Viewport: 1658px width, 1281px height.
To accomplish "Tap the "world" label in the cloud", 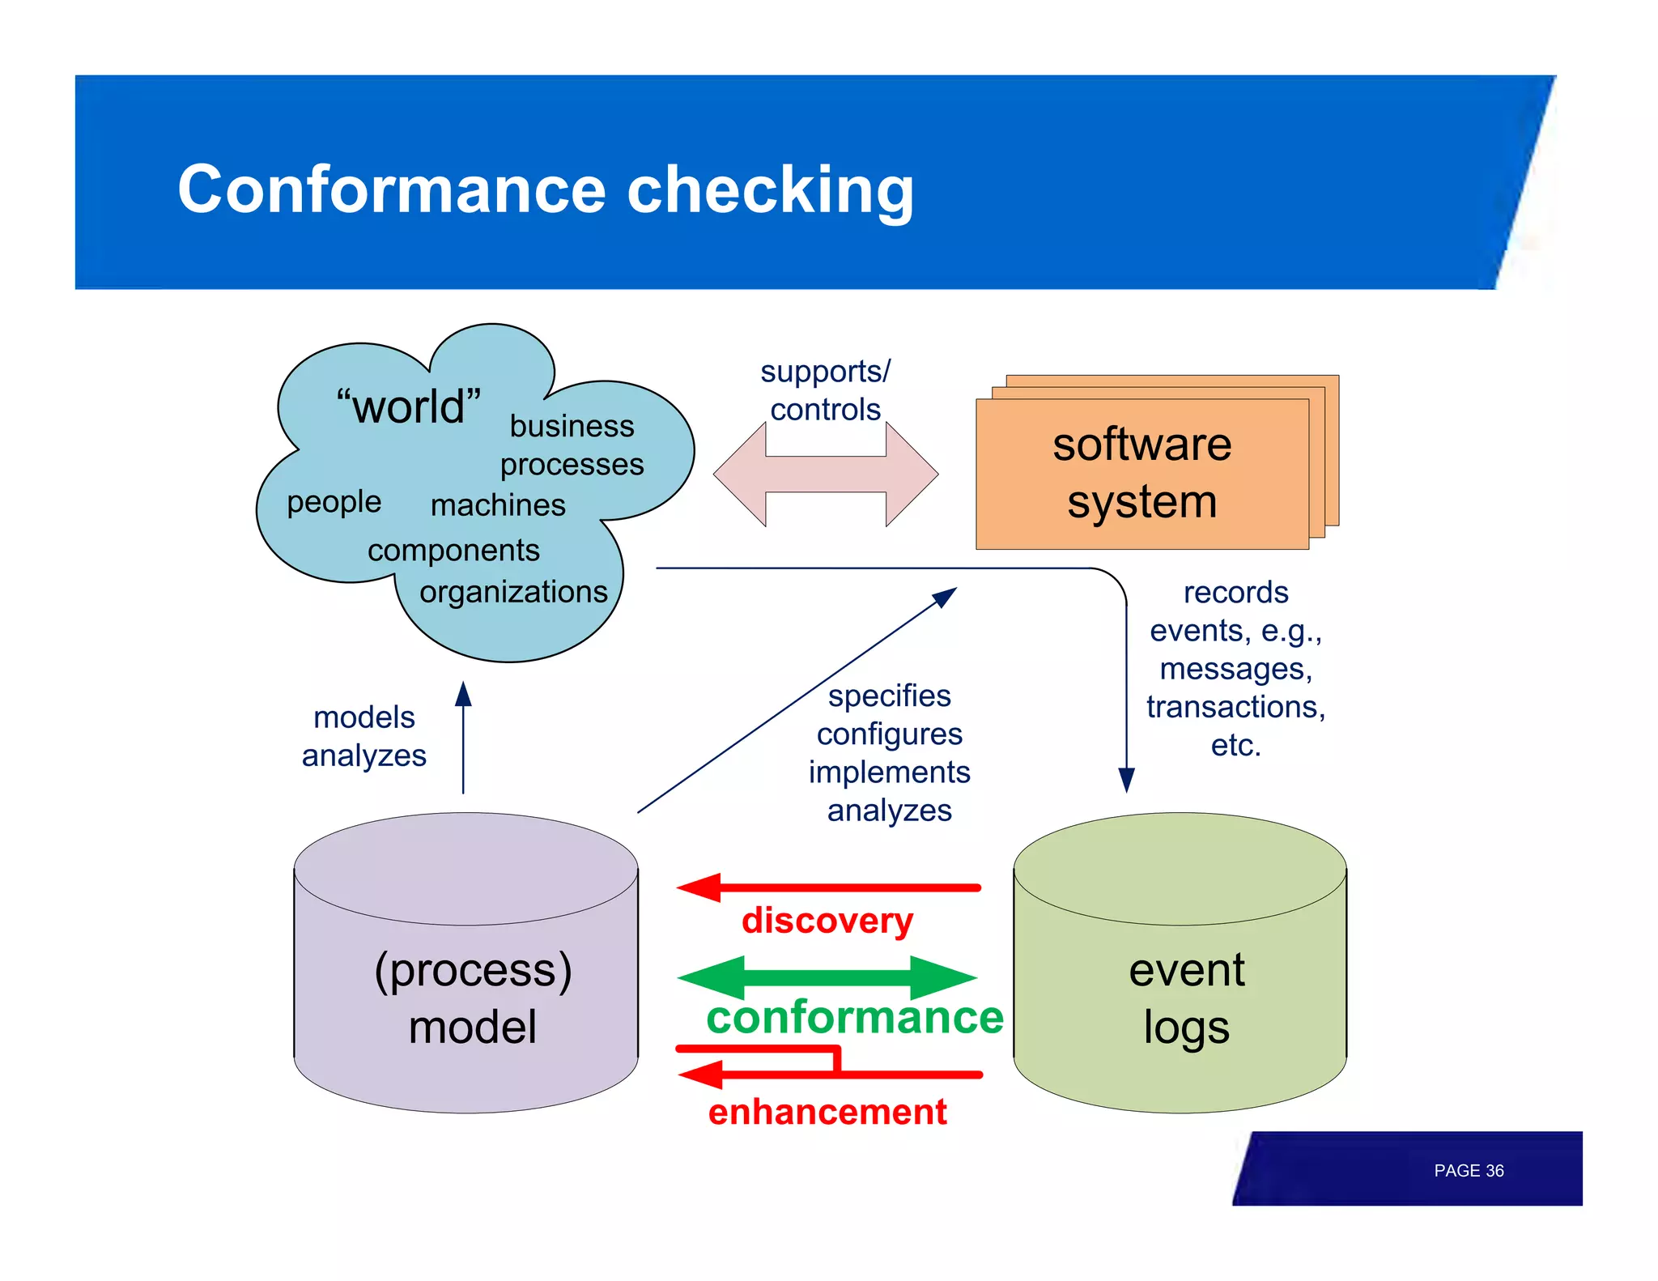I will click(x=409, y=406).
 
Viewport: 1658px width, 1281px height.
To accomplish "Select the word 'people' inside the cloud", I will click(x=334, y=502).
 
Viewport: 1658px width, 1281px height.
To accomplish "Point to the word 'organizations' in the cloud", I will click(x=513, y=592).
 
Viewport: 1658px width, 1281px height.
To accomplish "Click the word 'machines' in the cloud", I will click(x=498, y=505).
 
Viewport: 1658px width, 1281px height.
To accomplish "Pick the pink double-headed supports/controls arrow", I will click(x=826, y=474).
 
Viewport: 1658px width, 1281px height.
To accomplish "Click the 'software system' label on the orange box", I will click(x=1141, y=473).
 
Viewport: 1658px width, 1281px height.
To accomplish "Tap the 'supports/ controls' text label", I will click(x=825, y=390).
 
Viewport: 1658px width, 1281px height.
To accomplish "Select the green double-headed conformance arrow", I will click(x=827, y=977).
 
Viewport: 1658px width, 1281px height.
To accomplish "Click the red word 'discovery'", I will click(x=827, y=921).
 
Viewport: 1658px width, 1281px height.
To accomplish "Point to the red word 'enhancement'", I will click(x=827, y=1112).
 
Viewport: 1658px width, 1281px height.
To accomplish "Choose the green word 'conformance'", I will click(x=855, y=1018).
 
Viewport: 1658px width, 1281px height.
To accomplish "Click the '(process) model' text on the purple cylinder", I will click(x=473, y=998).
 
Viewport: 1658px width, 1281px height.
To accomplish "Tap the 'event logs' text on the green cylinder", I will click(x=1186, y=998).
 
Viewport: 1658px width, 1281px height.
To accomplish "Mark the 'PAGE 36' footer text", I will click(x=1468, y=1171).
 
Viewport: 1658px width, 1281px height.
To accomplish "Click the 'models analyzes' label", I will click(x=363, y=736).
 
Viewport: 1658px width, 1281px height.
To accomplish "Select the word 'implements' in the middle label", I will click(x=889, y=772).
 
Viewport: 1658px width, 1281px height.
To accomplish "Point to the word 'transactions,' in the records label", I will click(x=1235, y=707).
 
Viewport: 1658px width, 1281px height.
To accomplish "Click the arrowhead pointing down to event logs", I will click(x=1126, y=780).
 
